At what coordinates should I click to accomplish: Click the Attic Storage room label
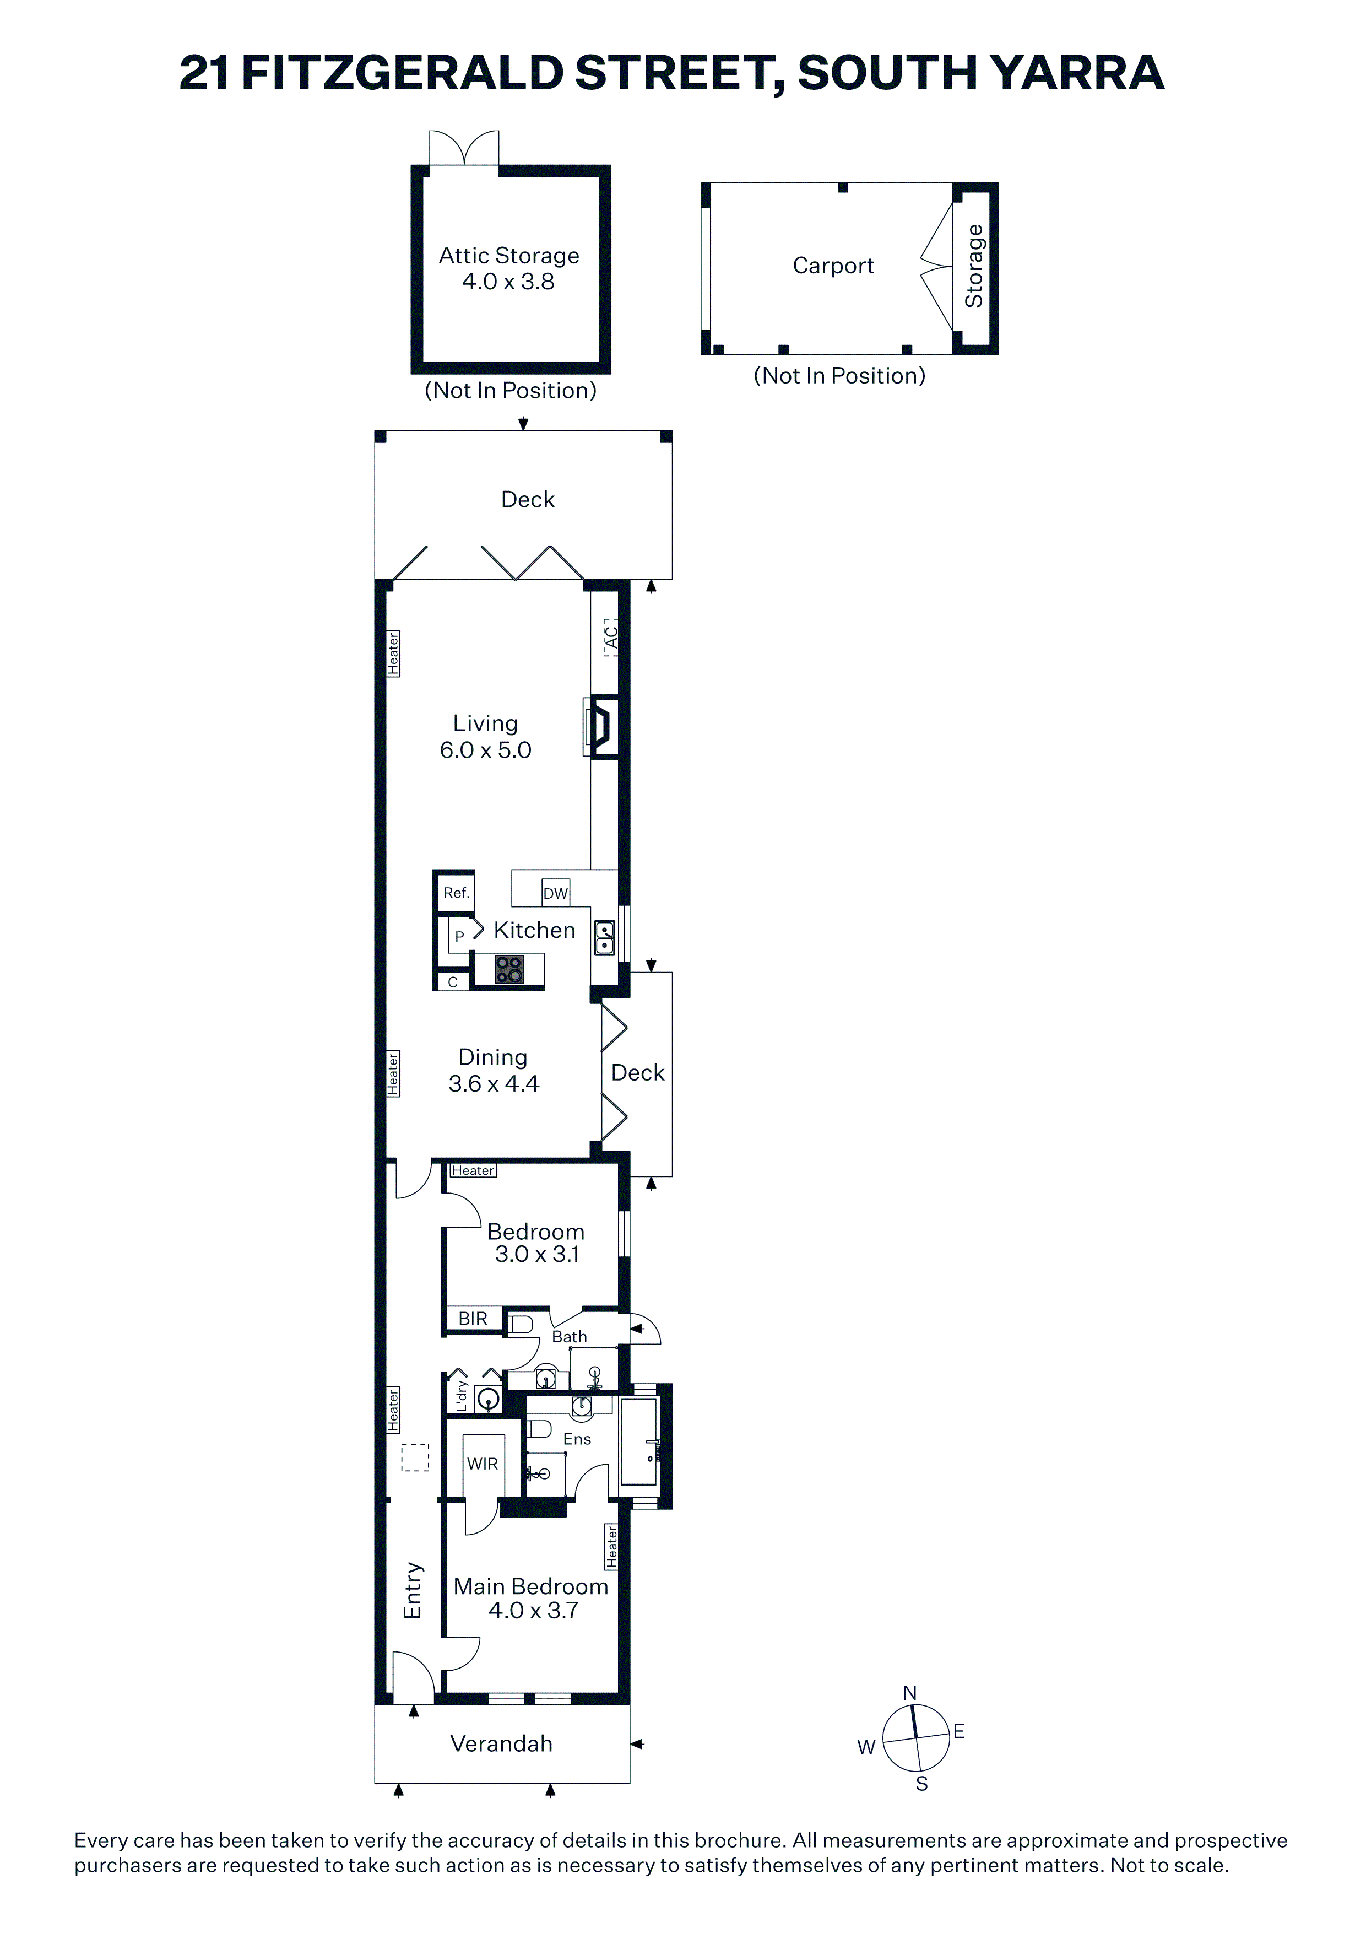pos(509,255)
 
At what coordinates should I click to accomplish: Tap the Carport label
pos(833,266)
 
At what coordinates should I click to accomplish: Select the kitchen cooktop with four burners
pos(508,969)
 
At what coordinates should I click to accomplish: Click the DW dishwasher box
pos(556,893)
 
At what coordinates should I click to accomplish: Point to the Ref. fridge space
pos(456,893)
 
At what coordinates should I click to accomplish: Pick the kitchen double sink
pos(604,938)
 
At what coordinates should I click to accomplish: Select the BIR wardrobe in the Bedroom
pos(473,1319)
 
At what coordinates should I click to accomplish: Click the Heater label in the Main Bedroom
pos(612,1547)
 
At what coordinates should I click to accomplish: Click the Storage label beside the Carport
pos(974,266)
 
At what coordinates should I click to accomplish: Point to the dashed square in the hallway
pos(415,1458)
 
